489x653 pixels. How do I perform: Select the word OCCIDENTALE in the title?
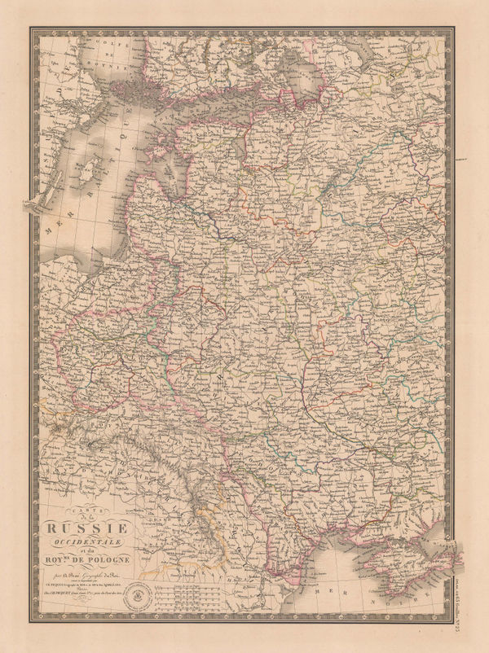[101, 539]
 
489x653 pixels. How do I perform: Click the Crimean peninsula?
[407, 562]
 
